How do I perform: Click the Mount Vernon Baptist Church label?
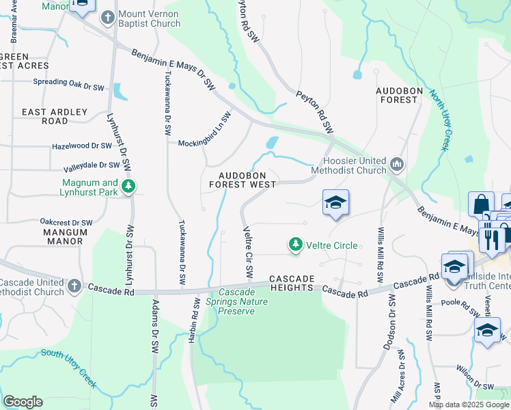pyautogui.click(x=148, y=20)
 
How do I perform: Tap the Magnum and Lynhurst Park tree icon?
pyautogui.click(x=127, y=187)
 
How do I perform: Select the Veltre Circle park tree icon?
pyautogui.click(x=295, y=245)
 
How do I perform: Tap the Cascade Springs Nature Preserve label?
pyautogui.click(x=236, y=301)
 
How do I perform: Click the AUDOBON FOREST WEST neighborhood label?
pyautogui.click(x=243, y=179)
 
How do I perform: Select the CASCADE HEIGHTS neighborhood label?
pyautogui.click(x=292, y=284)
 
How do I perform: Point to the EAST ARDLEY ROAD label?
pyautogui.click(x=55, y=116)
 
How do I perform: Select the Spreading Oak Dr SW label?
pyautogui.click(x=68, y=83)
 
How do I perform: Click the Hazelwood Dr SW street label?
pyautogui.click(x=82, y=146)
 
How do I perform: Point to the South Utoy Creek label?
pyautogui.click(x=68, y=365)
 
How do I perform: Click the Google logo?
pyautogui.click(x=23, y=402)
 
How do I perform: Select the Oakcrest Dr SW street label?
pyautogui.click(x=66, y=223)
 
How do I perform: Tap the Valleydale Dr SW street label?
pyautogui.click(x=92, y=165)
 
